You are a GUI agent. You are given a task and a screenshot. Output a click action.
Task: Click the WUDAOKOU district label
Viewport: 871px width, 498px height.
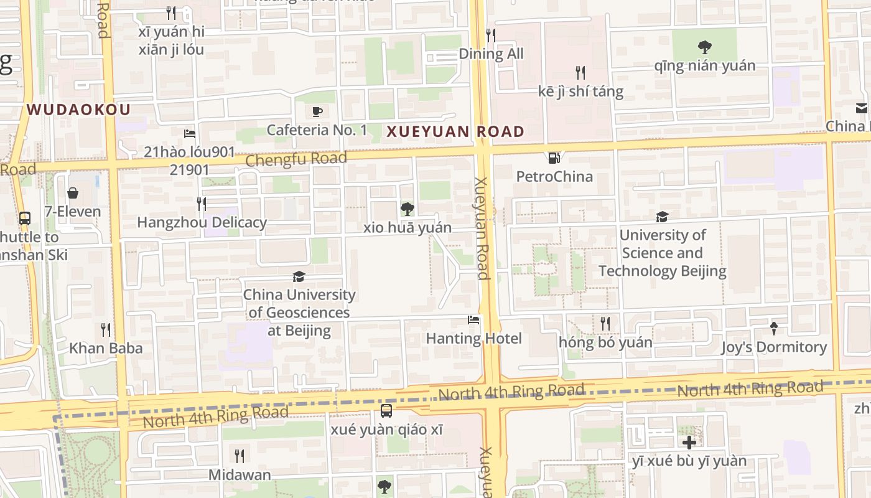[x=78, y=110]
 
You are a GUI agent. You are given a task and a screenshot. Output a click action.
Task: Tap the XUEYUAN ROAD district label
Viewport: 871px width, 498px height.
[x=455, y=132]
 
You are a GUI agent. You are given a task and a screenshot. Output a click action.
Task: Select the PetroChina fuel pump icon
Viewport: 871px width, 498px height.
[x=553, y=158]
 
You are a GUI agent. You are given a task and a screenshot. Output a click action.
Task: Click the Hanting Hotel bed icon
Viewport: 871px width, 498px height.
[x=473, y=321]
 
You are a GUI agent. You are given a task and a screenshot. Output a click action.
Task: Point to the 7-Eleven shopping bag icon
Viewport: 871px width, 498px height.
[x=73, y=193]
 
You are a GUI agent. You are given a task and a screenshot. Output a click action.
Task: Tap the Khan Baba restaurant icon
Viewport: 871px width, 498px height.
[x=106, y=329]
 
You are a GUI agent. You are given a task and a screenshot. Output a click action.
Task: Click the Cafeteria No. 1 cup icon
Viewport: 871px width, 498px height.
[x=317, y=111]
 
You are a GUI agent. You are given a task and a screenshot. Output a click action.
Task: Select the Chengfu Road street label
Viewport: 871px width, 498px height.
[x=296, y=159]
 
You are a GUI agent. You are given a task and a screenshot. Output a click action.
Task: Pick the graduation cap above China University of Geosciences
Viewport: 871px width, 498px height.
[x=299, y=276]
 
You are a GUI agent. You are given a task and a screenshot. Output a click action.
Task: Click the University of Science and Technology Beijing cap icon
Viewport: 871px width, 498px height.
[x=662, y=217]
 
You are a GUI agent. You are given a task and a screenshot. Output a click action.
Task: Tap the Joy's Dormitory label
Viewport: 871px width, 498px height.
[x=774, y=347]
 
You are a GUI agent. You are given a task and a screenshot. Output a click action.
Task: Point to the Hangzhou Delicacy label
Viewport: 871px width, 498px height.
[x=202, y=222]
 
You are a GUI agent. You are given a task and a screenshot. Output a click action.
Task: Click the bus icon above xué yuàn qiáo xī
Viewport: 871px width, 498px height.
[x=386, y=411]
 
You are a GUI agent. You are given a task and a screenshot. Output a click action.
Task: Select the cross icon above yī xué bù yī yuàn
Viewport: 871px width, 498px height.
[x=689, y=443]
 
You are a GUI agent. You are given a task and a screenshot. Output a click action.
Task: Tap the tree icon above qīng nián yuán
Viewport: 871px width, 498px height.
[x=704, y=47]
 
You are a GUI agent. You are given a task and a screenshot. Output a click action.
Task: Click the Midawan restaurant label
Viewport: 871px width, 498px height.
[x=240, y=475]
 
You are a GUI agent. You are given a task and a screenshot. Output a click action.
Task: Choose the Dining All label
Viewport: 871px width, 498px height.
[x=491, y=54]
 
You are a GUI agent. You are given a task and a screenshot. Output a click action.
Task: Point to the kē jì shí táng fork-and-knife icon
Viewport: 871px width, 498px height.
[x=580, y=73]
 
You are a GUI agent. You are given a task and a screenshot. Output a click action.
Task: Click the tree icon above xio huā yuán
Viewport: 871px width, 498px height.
[x=408, y=209]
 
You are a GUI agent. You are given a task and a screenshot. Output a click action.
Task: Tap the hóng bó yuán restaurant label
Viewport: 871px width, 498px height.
[x=605, y=342]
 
